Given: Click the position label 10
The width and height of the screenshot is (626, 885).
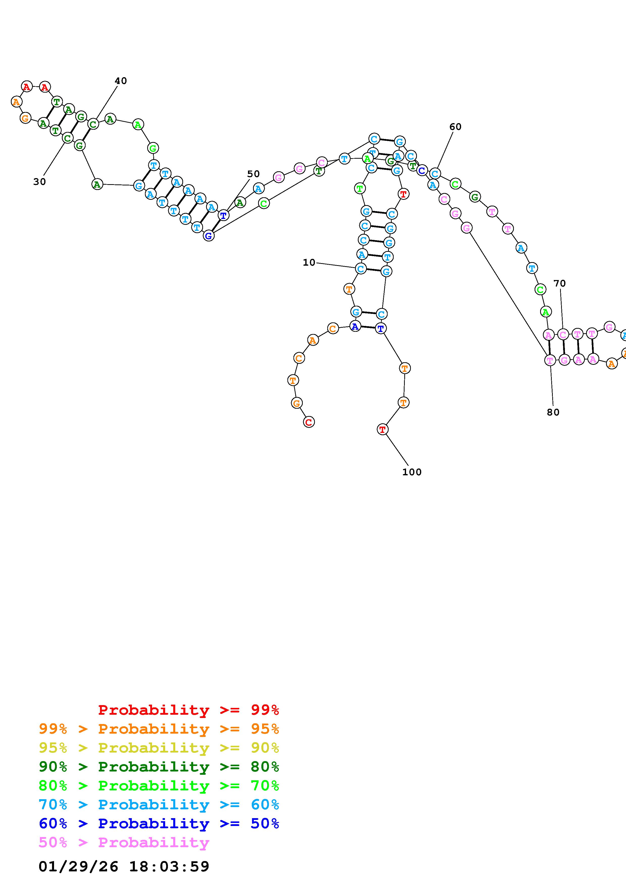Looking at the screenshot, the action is pyautogui.click(x=309, y=262).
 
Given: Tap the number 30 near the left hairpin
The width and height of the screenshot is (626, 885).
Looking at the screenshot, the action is pyautogui.click(x=39, y=182).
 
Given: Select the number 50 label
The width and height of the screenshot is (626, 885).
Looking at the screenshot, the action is pyautogui.click(x=254, y=174).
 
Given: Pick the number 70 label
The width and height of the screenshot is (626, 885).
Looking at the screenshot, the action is pyautogui.click(x=559, y=283).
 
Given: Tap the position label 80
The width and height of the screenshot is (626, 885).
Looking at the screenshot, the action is pyautogui.click(x=553, y=412).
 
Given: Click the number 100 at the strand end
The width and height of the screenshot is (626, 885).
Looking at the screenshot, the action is pyautogui.click(x=412, y=472).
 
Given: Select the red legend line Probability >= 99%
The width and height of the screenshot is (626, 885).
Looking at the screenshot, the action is pyautogui.click(x=188, y=710).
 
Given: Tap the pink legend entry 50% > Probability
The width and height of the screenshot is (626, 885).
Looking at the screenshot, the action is pyautogui.click(x=124, y=842).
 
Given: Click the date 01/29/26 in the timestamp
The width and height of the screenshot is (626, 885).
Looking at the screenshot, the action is pyautogui.click(x=78, y=866).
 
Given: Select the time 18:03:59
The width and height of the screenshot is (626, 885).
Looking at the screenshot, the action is pyautogui.click(x=169, y=866).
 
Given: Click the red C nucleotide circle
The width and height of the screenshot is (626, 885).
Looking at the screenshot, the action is pyautogui.click(x=309, y=422).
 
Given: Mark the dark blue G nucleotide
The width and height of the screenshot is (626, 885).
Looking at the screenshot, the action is pyautogui.click(x=209, y=236).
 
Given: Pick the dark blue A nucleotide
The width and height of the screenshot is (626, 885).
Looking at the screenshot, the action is pyautogui.click(x=355, y=326).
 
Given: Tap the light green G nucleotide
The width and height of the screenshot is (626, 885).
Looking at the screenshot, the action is pyautogui.click(x=153, y=148).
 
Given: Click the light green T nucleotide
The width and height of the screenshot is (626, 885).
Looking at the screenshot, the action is pyautogui.click(x=360, y=188).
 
